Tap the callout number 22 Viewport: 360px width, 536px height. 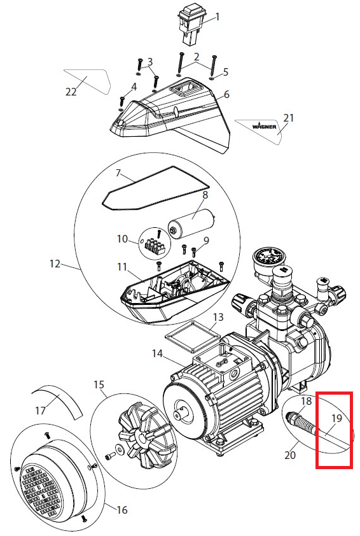(x=71, y=91)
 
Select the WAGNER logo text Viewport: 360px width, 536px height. (x=265, y=126)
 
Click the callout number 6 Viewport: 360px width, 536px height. (x=227, y=94)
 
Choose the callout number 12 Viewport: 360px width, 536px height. (x=55, y=264)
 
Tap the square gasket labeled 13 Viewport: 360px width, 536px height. (x=192, y=337)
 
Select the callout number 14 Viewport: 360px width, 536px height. (x=157, y=353)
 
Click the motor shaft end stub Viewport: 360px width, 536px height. (x=181, y=414)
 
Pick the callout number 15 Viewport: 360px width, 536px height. (x=99, y=384)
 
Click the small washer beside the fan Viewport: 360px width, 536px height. (x=120, y=448)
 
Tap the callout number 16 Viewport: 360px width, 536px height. (x=122, y=510)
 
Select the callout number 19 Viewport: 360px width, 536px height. (x=336, y=418)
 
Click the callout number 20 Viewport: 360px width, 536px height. (x=290, y=455)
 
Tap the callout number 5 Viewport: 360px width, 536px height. (x=225, y=72)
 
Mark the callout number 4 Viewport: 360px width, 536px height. (x=134, y=87)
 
